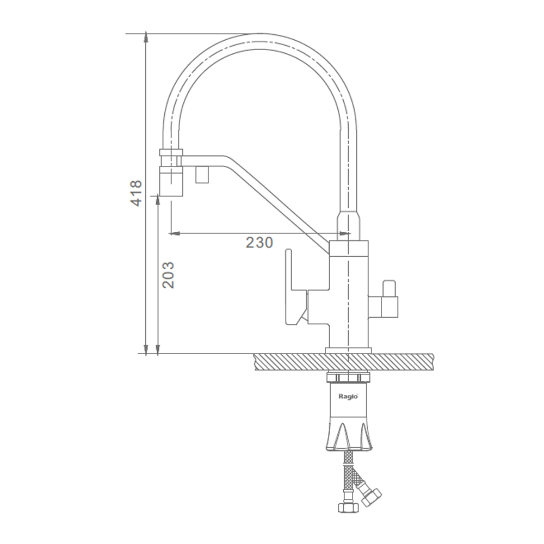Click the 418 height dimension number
tap(136, 194)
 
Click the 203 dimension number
tap(168, 275)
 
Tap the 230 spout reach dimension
tap(259, 243)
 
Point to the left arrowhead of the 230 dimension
tap(174, 233)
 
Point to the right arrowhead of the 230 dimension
tap(345, 233)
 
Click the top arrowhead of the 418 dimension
tap(146, 38)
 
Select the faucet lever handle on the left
tap(296, 287)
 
